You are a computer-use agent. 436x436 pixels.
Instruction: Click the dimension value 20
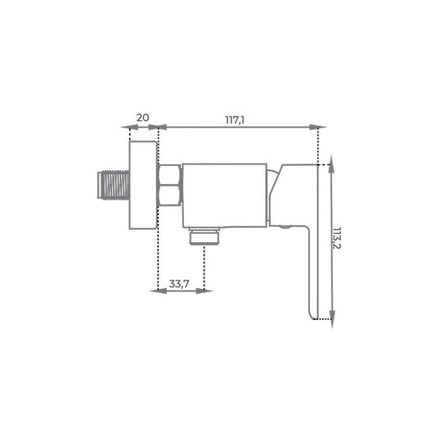click(x=142, y=118)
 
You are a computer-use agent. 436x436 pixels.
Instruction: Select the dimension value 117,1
click(x=235, y=120)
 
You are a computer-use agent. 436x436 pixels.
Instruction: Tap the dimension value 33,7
click(x=179, y=284)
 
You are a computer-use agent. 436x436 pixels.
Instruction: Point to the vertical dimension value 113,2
click(x=337, y=238)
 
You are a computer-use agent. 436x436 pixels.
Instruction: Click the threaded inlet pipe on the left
click(x=114, y=185)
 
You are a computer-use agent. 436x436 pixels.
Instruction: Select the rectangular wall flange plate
click(x=143, y=185)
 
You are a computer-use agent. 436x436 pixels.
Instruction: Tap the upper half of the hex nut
click(x=170, y=174)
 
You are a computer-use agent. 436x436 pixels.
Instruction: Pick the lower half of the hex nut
click(x=170, y=196)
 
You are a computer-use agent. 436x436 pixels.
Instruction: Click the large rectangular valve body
click(x=225, y=196)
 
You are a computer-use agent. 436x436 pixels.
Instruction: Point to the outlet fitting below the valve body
click(x=205, y=236)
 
